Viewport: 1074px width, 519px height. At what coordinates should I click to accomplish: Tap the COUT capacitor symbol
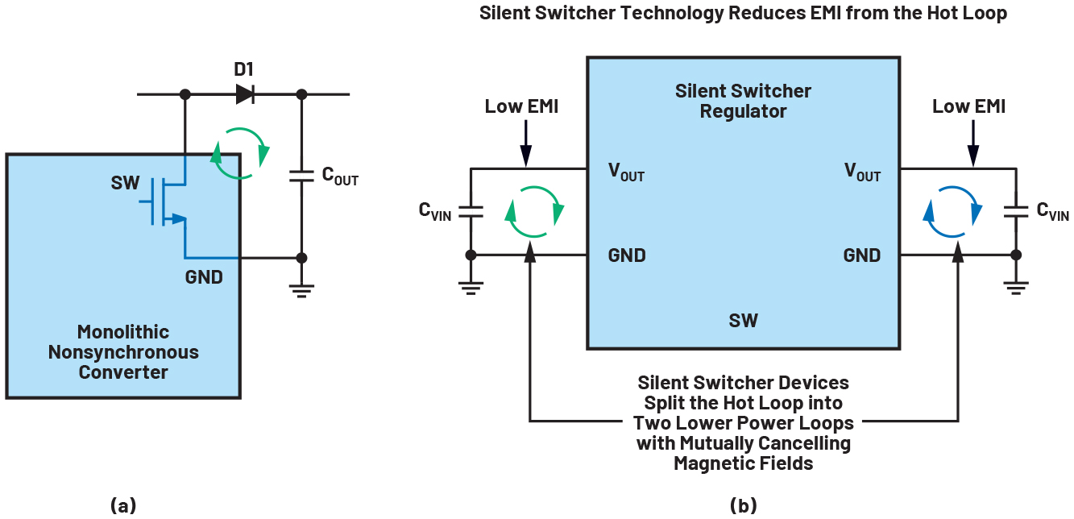[x=301, y=176]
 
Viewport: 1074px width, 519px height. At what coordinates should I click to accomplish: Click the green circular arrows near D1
[x=239, y=153]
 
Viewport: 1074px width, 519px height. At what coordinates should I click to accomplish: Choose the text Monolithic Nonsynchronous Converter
[x=123, y=352]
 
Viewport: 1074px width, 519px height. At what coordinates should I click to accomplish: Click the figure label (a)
[x=123, y=505]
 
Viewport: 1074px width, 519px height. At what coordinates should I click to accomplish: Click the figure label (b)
[x=743, y=505]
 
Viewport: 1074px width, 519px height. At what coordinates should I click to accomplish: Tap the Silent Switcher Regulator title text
[x=743, y=101]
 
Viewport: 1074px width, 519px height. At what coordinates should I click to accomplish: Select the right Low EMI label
[x=969, y=106]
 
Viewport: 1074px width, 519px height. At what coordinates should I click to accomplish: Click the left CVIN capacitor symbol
[x=471, y=211]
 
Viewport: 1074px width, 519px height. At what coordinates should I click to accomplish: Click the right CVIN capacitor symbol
[x=1015, y=212]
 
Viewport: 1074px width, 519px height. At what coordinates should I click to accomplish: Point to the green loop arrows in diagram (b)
[x=533, y=212]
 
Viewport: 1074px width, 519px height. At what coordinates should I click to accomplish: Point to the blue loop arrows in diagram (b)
[x=952, y=212]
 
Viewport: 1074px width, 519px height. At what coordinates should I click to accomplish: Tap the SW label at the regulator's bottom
[x=743, y=320]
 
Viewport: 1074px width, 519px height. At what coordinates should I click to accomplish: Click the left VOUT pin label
[x=626, y=172]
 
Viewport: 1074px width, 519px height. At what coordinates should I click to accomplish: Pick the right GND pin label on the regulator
[x=862, y=255]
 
